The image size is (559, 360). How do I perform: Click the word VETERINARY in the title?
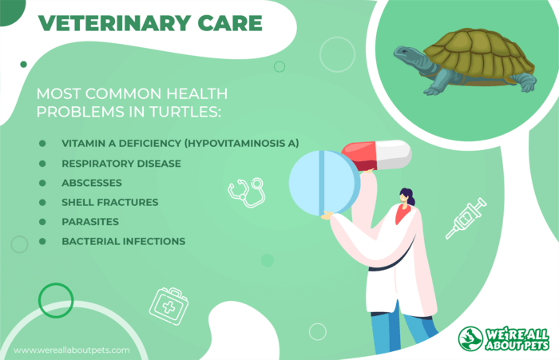(114, 23)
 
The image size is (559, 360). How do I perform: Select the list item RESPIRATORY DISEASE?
(121, 164)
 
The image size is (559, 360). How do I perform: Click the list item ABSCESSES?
(92, 183)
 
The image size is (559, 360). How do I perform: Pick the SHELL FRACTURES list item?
(110, 203)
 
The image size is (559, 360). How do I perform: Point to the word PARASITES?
(90, 222)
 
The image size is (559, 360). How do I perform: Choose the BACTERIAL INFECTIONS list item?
(123, 241)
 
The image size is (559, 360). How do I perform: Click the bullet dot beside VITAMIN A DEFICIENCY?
(42, 144)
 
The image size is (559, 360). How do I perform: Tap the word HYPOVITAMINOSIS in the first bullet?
(236, 144)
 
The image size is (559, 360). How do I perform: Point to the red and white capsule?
(377, 156)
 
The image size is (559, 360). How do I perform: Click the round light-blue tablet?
(324, 184)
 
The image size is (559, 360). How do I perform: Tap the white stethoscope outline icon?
(247, 192)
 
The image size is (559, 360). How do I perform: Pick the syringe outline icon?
(466, 218)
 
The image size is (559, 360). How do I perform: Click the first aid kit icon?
(169, 307)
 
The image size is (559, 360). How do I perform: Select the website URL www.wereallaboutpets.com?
(72, 350)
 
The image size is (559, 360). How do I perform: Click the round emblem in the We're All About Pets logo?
(470, 338)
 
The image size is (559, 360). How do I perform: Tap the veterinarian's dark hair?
(408, 196)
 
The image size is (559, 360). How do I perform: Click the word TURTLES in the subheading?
(185, 112)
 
